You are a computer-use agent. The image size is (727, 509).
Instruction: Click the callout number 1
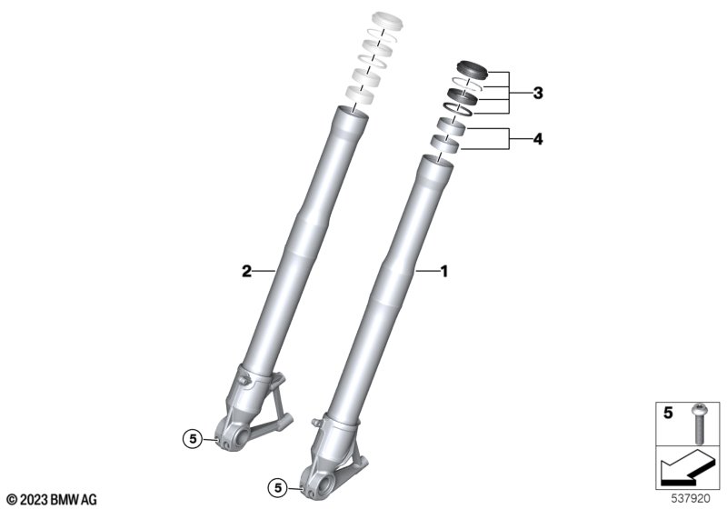[x=444, y=271]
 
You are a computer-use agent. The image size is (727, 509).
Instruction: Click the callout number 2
[x=246, y=271]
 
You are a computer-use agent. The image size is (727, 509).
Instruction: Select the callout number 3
[x=538, y=94]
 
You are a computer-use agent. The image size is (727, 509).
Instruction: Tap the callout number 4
[x=538, y=138]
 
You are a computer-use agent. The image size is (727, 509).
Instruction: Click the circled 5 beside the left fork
[x=193, y=438]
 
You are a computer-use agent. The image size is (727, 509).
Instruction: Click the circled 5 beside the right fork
[x=278, y=488]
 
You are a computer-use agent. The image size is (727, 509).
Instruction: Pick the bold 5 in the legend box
[x=668, y=413]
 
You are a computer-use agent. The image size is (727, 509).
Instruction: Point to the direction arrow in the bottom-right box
[x=685, y=469]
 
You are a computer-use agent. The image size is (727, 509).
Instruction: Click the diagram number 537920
[x=691, y=499]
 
